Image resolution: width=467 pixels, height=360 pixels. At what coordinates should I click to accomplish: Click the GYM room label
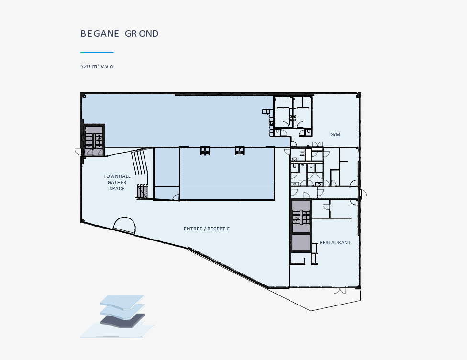335,135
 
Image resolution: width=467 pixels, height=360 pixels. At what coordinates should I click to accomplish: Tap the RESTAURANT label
335,243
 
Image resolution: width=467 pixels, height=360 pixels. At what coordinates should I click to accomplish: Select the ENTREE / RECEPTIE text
207,229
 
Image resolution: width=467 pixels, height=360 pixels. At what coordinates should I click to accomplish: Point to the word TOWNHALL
117,176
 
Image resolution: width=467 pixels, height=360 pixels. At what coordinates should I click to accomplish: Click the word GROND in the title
142,33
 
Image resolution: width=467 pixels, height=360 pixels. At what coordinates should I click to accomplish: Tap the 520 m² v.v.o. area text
98,66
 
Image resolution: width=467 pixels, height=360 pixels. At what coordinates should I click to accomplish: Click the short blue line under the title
97,52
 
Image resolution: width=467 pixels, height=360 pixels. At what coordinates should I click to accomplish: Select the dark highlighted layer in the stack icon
122,320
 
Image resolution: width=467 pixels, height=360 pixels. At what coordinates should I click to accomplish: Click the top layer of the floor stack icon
122,302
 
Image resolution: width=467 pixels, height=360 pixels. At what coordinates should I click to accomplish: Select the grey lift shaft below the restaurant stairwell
301,243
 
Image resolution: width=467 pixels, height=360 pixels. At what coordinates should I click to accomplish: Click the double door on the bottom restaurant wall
340,291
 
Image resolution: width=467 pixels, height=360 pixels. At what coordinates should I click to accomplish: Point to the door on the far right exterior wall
363,194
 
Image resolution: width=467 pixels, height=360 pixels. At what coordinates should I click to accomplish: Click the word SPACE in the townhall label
117,189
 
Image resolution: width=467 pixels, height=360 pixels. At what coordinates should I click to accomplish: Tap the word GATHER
117,182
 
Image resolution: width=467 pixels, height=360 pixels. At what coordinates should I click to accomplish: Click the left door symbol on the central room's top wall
205,151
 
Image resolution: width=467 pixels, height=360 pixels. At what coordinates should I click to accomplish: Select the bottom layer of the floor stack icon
117,330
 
